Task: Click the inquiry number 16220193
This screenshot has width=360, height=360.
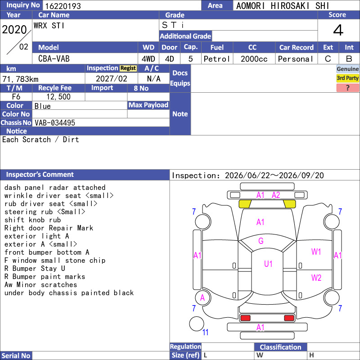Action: pyautogui.click(x=63, y=6)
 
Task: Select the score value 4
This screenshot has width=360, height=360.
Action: pyautogui.click(x=338, y=30)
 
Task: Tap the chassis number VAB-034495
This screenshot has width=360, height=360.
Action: pyautogui.click(x=55, y=122)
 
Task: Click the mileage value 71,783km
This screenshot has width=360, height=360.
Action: pyautogui.click(x=20, y=79)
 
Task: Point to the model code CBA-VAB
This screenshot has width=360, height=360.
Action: pyautogui.click(x=54, y=58)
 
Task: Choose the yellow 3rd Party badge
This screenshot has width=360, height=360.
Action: pyautogui.click(x=347, y=78)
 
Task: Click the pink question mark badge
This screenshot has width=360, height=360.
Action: pyautogui.click(x=347, y=88)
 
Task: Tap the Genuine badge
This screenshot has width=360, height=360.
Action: pyautogui.click(x=347, y=69)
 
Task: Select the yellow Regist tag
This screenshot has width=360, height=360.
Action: pyautogui.click(x=128, y=68)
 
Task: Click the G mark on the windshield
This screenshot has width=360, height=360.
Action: pyautogui.click(x=261, y=241)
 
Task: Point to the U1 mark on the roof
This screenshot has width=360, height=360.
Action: pyautogui.click(x=268, y=264)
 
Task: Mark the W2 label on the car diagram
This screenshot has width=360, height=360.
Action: pyautogui.click(x=316, y=278)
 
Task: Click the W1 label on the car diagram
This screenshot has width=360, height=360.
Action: pyautogui.click(x=316, y=252)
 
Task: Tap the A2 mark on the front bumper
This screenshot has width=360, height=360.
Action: pyautogui.click(x=276, y=195)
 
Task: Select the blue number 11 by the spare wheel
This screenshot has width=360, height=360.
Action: pyautogui.click(x=205, y=332)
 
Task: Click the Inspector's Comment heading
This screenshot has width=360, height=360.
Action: pyautogui.click(x=40, y=175)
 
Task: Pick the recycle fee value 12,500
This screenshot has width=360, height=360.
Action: pyautogui.click(x=58, y=97)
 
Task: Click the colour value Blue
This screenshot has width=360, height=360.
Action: pyautogui.click(x=42, y=106)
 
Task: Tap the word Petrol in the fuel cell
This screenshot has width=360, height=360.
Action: pyautogui.click(x=217, y=59)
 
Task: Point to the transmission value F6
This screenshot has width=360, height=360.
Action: pyautogui.click(x=16, y=97)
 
